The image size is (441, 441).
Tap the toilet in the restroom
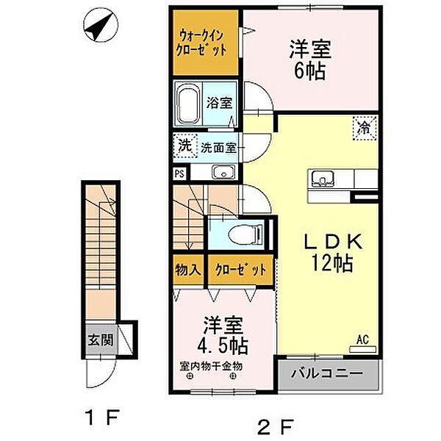[245, 233]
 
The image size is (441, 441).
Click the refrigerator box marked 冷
[365, 128]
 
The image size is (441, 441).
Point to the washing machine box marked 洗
[185, 146]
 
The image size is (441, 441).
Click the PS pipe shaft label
[179, 173]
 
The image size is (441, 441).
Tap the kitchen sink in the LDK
[323, 179]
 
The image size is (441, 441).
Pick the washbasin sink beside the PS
[223, 172]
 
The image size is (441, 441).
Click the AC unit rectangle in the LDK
[362, 349]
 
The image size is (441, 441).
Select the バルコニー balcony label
[327, 373]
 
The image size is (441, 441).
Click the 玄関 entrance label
[101, 340]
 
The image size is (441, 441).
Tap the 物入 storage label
[188, 270]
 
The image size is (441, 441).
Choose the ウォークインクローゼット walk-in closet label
[201, 43]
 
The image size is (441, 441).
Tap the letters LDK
[334, 242]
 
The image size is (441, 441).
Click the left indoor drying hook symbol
[190, 376]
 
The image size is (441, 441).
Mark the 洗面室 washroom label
[218, 148]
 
